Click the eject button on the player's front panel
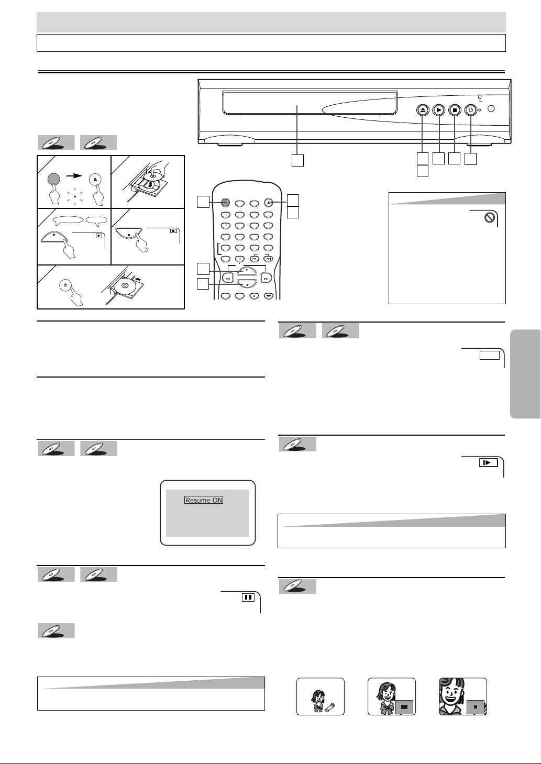(423, 110)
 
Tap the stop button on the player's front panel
(455, 110)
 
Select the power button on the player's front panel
(471, 110)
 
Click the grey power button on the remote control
(225, 203)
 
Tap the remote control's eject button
(269, 203)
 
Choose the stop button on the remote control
(247, 283)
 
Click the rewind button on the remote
(228, 278)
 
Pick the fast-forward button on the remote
(266, 278)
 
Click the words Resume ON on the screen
(204, 501)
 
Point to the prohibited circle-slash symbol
(490, 218)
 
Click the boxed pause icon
(248, 597)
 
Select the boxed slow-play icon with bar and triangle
(488, 463)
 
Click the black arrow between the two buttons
(74, 176)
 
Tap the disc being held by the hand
(151, 177)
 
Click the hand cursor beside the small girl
(330, 707)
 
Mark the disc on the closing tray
(125, 285)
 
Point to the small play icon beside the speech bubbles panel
(99, 235)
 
